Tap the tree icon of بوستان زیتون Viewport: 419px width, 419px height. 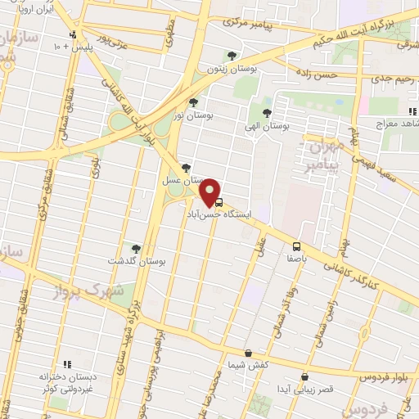click(x=235, y=56)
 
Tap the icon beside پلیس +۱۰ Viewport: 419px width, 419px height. click(x=74, y=34)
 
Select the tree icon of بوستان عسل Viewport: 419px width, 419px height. click(x=187, y=167)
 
